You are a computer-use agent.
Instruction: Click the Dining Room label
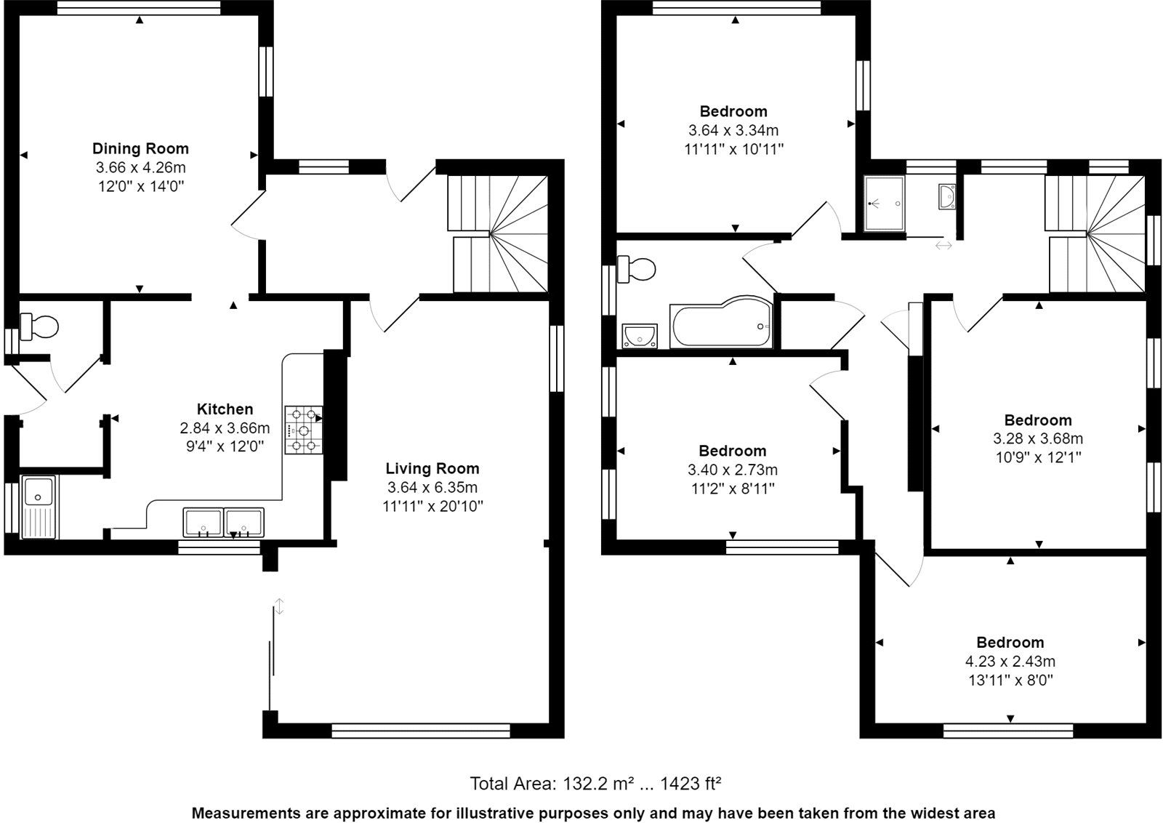click(140, 148)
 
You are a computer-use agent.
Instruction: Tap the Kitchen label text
click(225, 409)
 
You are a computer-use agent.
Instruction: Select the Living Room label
click(432, 468)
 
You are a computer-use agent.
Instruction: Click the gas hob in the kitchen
click(304, 430)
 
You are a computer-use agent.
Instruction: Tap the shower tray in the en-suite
click(884, 204)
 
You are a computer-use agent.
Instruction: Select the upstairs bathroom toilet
click(636, 269)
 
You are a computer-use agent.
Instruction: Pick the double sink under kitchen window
click(224, 522)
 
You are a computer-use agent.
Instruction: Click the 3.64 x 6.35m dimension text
click(432, 487)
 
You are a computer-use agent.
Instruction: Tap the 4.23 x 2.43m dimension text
click(1010, 662)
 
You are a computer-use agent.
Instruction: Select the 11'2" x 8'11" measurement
click(732, 489)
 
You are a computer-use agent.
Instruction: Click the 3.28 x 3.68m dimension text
click(1037, 438)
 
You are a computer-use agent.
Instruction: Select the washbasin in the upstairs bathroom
click(640, 336)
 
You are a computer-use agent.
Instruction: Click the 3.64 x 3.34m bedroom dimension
click(733, 130)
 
